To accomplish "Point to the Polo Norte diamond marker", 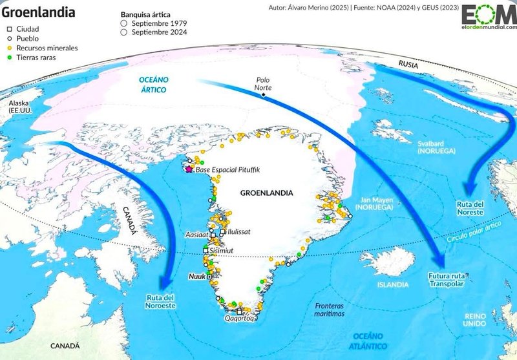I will [x=264, y=95].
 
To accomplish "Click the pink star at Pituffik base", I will [x=189, y=169].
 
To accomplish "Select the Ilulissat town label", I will [x=238, y=231].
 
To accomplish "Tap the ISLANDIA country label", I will [x=394, y=284].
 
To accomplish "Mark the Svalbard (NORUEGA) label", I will [x=436, y=146].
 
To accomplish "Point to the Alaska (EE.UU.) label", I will [x=20, y=107].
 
